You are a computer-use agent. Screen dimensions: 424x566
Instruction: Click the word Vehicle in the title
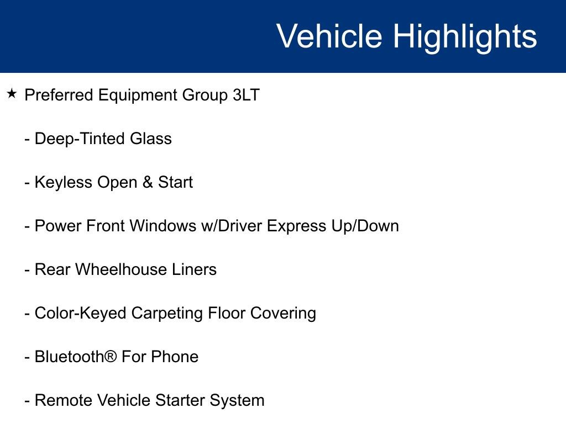(x=329, y=36)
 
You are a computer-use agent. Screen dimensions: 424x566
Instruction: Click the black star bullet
(x=12, y=94)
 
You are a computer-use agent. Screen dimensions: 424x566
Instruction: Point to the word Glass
(x=151, y=139)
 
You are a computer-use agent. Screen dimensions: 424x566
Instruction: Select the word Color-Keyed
(x=80, y=313)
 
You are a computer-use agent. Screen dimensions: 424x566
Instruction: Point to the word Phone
(x=175, y=357)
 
